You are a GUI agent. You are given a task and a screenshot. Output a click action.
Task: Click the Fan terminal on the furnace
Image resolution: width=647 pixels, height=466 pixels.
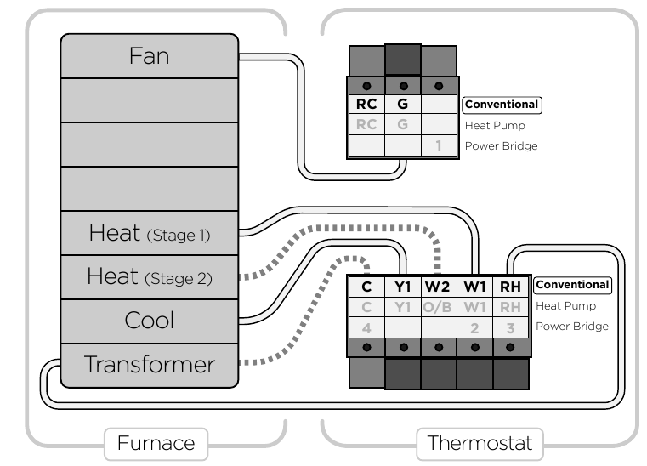(x=150, y=56)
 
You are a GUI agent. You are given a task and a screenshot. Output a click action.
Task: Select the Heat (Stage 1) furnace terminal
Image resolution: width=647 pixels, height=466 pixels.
(x=150, y=233)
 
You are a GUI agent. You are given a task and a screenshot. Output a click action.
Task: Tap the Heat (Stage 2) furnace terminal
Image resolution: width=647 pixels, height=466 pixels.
(x=150, y=277)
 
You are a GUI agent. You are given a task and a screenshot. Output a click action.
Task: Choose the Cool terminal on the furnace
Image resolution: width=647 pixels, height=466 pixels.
(x=150, y=321)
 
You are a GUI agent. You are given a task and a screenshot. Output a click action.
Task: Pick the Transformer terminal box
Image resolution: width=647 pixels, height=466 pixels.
(x=150, y=366)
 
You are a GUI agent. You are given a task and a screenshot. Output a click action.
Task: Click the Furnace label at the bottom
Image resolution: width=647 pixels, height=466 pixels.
(x=156, y=443)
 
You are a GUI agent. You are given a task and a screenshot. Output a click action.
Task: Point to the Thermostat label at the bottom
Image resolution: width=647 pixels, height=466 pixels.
(x=480, y=443)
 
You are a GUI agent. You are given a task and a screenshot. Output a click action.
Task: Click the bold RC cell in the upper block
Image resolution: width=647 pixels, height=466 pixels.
(x=366, y=104)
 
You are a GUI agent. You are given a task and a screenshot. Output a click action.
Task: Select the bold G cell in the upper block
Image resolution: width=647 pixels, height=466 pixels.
(x=403, y=104)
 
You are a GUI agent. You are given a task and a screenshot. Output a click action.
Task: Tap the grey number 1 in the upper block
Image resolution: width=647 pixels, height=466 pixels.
(x=439, y=145)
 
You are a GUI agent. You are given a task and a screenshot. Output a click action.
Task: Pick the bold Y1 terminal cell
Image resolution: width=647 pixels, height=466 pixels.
(x=403, y=287)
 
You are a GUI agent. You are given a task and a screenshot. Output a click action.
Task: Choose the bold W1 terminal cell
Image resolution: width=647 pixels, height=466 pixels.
(x=474, y=287)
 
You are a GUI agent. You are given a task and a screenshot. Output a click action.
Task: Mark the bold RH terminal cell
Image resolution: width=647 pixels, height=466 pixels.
(x=510, y=287)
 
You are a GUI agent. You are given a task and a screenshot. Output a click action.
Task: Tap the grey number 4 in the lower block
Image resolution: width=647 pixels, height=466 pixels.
(x=366, y=328)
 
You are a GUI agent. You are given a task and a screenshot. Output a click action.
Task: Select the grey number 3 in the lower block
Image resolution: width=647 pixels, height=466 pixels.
(x=510, y=328)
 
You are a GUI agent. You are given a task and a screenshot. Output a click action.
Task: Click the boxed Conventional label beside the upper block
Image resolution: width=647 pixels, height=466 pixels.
(x=502, y=105)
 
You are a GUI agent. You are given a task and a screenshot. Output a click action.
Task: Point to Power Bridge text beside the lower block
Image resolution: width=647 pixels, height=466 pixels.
(x=572, y=326)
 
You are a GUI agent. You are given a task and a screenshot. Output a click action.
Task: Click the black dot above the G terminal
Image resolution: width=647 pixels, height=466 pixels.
(x=404, y=86)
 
